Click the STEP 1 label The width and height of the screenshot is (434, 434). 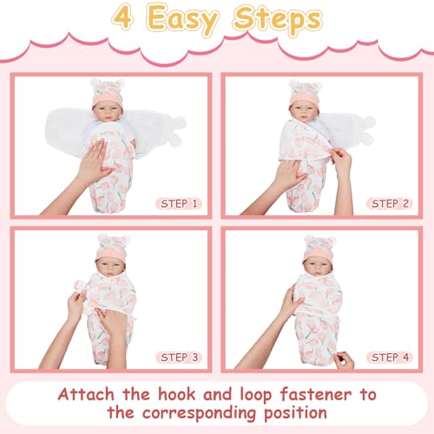179,204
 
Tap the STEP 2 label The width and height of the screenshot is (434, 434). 390,204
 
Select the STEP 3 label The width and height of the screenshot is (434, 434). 179,358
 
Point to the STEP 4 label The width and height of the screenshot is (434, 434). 390,358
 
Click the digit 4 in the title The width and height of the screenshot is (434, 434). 123,17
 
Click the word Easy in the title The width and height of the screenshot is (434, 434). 183,20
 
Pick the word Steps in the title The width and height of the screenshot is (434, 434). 278,19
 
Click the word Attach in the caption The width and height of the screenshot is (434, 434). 86,394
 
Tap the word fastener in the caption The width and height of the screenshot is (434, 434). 316,394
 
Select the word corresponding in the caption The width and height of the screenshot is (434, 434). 199,413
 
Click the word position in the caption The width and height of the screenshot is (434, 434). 296,413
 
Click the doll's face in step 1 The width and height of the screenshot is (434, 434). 108,112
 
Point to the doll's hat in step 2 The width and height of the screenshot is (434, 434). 305,92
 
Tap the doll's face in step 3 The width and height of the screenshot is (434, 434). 110,267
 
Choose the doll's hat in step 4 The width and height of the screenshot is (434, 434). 319,247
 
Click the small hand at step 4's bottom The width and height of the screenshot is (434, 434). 345,360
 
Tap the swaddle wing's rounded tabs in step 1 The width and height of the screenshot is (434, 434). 176,131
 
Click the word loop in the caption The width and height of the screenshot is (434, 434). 256,395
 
